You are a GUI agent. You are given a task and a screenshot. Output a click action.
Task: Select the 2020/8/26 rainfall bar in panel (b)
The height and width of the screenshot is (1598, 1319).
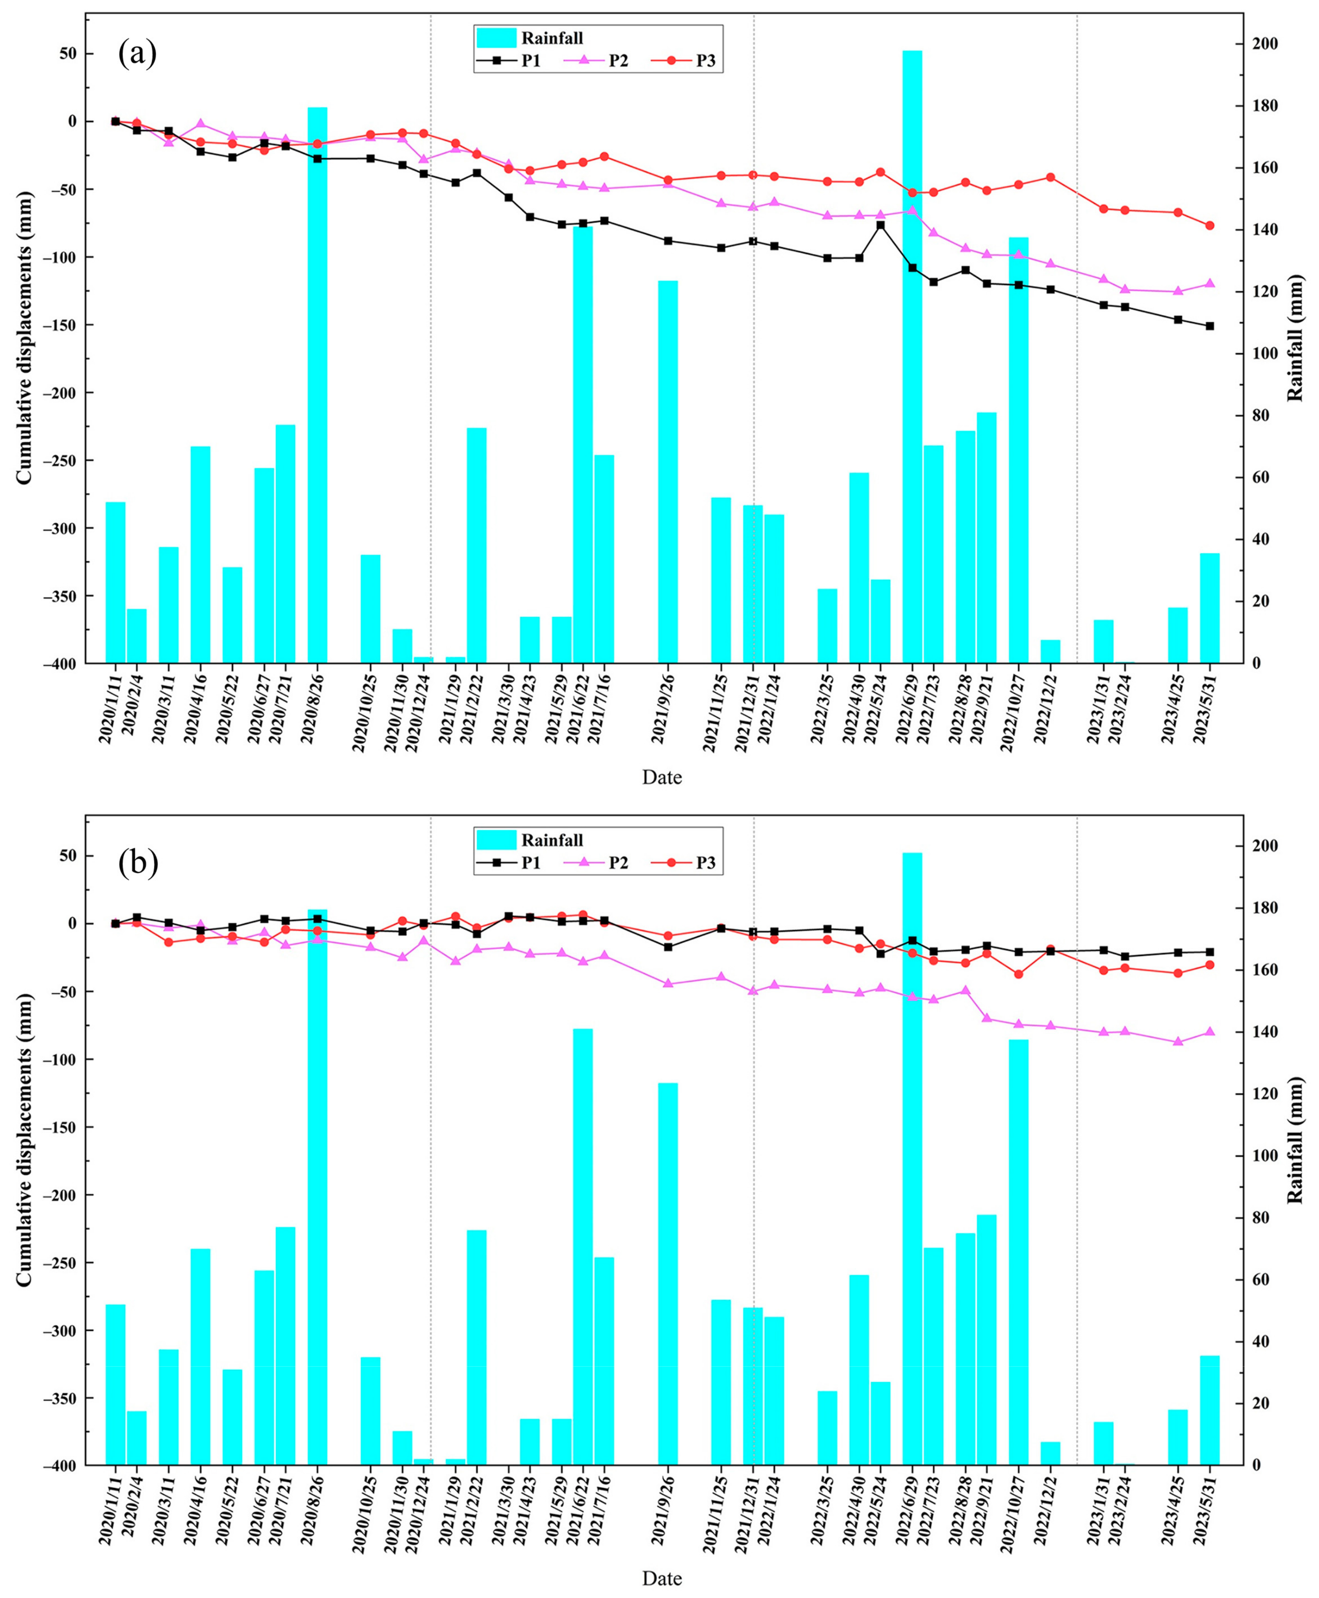pyautogui.click(x=318, y=1185)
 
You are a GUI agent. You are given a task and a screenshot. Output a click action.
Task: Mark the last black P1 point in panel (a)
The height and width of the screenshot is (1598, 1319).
pyautogui.click(x=1210, y=326)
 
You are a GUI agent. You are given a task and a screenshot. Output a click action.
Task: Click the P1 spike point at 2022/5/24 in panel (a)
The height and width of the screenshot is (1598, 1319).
pyautogui.click(x=881, y=225)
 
